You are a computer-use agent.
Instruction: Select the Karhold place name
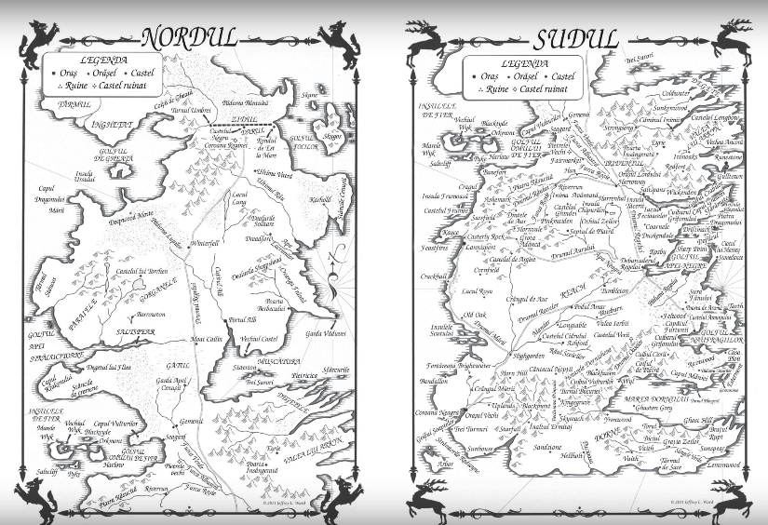(x=317, y=199)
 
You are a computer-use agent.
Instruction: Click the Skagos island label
(x=333, y=135)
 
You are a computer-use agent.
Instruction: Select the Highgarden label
(x=528, y=356)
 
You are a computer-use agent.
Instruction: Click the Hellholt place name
(x=571, y=455)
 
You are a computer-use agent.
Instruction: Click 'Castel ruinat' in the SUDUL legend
(x=546, y=88)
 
